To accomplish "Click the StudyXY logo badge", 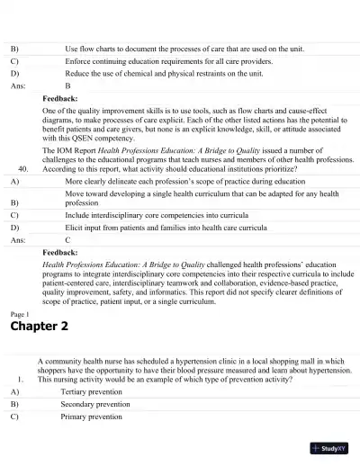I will (329, 447).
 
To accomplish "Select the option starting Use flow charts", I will (164, 47).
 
